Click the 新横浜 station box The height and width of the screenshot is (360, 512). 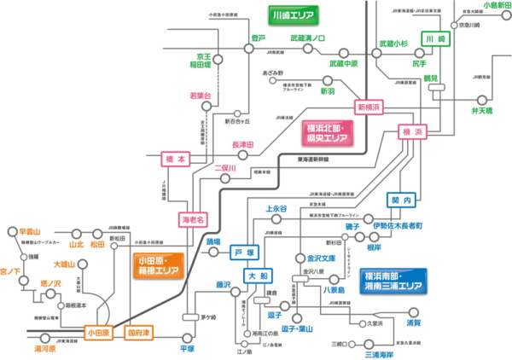(370, 107)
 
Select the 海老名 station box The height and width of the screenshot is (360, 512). (194, 219)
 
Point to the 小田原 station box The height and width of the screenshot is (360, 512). (99, 331)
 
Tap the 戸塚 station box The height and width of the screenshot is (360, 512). (244, 253)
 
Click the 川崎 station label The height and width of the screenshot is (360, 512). (435, 41)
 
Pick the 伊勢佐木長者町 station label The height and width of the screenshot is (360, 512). (399, 225)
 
